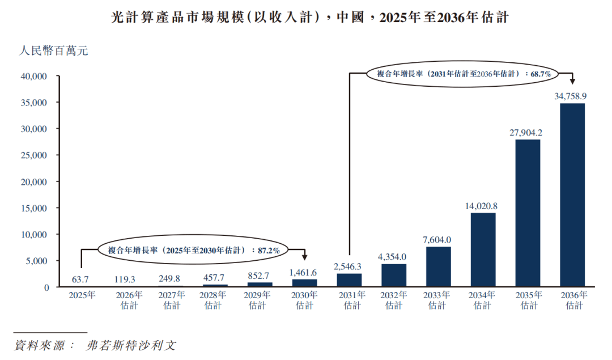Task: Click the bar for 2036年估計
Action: pyautogui.click(x=572, y=195)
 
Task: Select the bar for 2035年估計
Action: pyautogui.click(x=528, y=213)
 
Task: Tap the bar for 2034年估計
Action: pyautogui.click(x=483, y=250)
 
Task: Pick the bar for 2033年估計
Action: pyautogui.click(x=438, y=267)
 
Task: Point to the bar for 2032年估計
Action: pyautogui.click(x=394, y=276)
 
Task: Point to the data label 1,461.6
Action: pyautogui.click(x=304, y=272)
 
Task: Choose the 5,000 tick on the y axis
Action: pyautogui.click(x=36, y=261)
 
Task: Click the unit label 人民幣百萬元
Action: pyautogui.click(x=53, y=52)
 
